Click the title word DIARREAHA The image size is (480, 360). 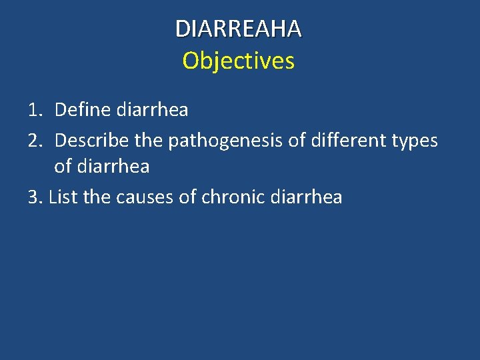click(238, 29)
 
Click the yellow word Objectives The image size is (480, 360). click(238, 61)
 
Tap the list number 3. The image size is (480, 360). click(35, 198)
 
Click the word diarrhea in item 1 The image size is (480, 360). click(152, 110)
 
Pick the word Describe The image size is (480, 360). click(92, 141)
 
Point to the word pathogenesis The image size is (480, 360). click(224, 141)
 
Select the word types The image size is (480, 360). click(413, 141)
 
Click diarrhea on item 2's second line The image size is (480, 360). click(114, 167)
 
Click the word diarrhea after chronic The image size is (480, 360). click(306, 198)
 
